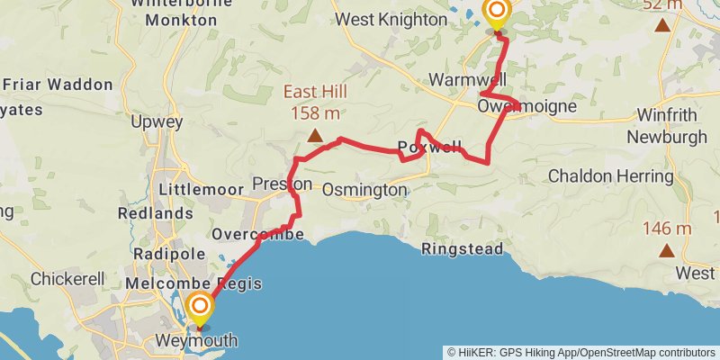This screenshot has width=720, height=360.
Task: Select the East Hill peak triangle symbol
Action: coord(315,136)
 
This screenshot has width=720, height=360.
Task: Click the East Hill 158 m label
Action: coord(315,102)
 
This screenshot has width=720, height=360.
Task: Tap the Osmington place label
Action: coord(364,190)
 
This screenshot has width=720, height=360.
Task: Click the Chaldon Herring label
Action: coord(604,174)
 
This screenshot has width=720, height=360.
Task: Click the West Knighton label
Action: coord(391,19)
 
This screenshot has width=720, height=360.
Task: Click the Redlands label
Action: coord(155,213)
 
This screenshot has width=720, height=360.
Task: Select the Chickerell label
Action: coord(69,279)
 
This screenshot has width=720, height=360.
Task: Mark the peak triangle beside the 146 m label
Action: coord(667,250)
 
